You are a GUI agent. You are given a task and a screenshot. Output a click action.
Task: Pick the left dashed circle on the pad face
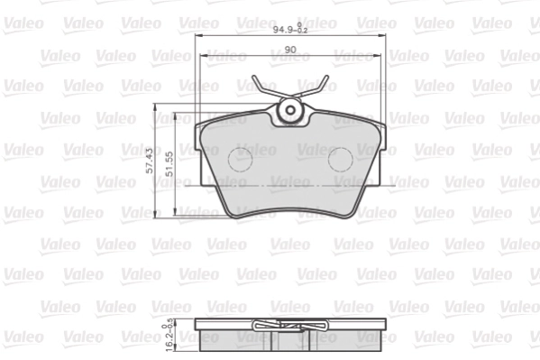[x=240, y=160]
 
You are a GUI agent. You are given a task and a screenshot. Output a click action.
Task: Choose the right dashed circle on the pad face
[x=340, y=160]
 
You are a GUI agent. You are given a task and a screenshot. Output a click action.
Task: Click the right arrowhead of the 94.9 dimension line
[x=385, y=37]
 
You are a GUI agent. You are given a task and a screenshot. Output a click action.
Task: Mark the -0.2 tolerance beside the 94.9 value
[x=303, y=32]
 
